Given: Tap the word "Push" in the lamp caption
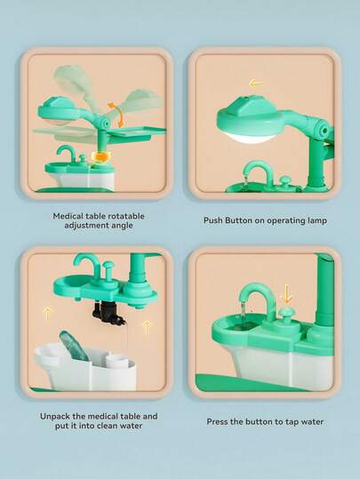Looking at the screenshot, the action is [x=213, y=220].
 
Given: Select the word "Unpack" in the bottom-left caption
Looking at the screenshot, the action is [x=56, y=417].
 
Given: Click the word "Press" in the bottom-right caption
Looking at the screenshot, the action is [x=217, y=422].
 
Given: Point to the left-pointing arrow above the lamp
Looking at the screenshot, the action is [x=256, y=84].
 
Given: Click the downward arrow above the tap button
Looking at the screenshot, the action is [x=287, y=294].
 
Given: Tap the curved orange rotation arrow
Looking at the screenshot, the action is [x=116, y=115].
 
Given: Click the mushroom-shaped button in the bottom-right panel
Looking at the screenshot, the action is [x=287, y=315].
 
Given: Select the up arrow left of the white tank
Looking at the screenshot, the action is [x=47, y=314].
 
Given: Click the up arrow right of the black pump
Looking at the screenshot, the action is [x=147, y=327].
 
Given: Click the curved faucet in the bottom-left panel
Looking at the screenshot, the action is [x=86, y=264].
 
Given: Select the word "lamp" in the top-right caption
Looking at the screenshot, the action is [x=316, y=220].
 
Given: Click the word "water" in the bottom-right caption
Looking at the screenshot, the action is [x=312, y=422].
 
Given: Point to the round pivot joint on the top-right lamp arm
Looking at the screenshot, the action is [x=322, y=129].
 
